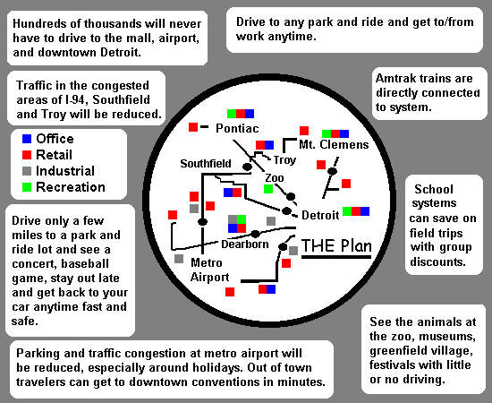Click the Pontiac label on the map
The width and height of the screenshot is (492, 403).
click(x=237, y=128)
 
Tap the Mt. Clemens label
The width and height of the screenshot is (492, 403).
click(x=334, y=144)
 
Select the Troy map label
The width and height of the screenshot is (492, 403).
click(x=284, y=160)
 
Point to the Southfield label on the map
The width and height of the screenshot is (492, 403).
click(x=206, y=163)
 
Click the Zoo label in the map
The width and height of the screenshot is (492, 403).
click(x=275, y=178)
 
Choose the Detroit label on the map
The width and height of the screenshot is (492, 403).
click(x=320, y=215)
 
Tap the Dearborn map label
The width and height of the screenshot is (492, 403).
click(x=245, y=244)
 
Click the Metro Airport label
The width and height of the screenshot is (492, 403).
click(x=209, y=270)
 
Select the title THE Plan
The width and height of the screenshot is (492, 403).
click(x=336, y=245)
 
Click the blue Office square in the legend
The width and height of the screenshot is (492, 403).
click(x=27, y=139)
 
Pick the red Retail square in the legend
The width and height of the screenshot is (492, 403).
click(x=27, y=155)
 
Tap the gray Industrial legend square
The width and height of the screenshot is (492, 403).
click(x=27, y=171)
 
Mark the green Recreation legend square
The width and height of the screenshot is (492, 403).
click(x=27, y=187)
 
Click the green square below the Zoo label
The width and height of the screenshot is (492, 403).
click(x=268, y=189)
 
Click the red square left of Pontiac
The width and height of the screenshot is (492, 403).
click(x=193, y=127)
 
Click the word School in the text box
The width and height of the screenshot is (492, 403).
click(x=434, y=189)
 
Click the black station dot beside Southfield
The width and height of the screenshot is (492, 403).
click(x=247, y=167)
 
